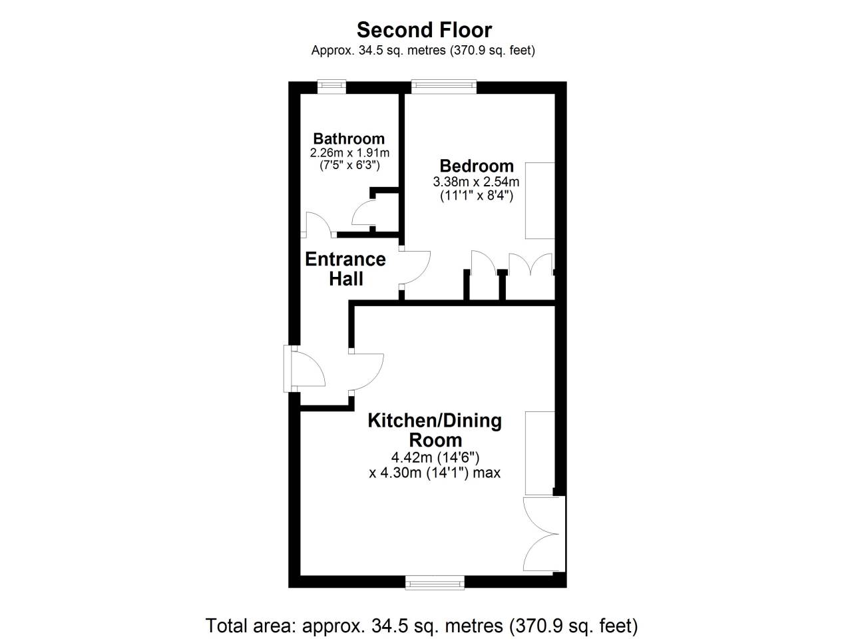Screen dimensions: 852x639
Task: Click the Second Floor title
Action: [424, 30]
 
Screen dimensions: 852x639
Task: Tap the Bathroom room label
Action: [349, 138]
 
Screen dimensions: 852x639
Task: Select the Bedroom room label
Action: [477, 166]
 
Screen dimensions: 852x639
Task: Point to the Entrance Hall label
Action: [345, 269]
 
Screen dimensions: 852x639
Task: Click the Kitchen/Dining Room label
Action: [435, 430]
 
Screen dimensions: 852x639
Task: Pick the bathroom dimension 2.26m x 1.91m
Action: [349, 152]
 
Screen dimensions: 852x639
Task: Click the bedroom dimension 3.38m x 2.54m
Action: [476, 182]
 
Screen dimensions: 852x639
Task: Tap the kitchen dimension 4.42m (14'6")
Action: [435, 458]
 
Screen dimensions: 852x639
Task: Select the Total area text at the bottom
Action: [421, 626]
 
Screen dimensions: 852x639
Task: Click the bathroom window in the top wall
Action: [331, 87]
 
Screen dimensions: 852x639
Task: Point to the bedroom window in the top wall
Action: [444, 87]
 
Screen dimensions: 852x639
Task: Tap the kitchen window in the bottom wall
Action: [435, 582]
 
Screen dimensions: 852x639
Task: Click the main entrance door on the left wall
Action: [305, 369]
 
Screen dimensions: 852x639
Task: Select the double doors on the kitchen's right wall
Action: [543, 534]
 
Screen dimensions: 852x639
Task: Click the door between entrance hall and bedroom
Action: [415, 268]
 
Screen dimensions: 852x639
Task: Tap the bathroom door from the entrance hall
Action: [318, 225]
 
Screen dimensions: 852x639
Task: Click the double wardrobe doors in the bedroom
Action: [531, 265]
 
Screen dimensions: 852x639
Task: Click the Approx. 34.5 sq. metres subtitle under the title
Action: [423, 51]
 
